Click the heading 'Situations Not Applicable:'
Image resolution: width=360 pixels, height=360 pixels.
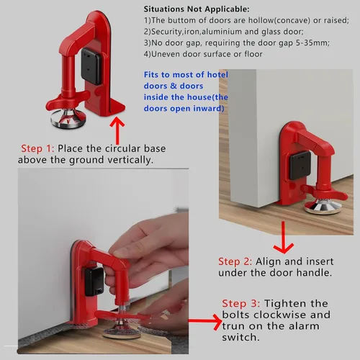coord(197,9)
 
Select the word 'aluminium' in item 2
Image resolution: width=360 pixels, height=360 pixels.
coord(218,32)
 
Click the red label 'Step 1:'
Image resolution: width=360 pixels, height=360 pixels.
coord(37,148)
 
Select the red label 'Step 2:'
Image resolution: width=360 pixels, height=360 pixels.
coord(235,261)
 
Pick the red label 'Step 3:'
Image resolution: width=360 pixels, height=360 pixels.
coord(240,304)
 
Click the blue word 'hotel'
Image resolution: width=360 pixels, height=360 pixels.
coord(217,75)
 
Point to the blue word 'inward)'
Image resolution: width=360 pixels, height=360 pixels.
coord(209,109)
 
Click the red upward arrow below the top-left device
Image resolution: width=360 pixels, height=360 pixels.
coord(117,130)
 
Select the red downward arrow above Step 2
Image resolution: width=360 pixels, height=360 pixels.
coord(284,238)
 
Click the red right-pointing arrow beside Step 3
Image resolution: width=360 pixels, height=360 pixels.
coord(205,320)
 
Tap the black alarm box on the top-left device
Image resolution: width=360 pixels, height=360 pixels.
coord(91,66)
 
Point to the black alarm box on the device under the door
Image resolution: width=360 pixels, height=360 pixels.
coord(300,166)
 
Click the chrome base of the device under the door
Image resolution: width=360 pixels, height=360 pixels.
coord(323,207)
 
